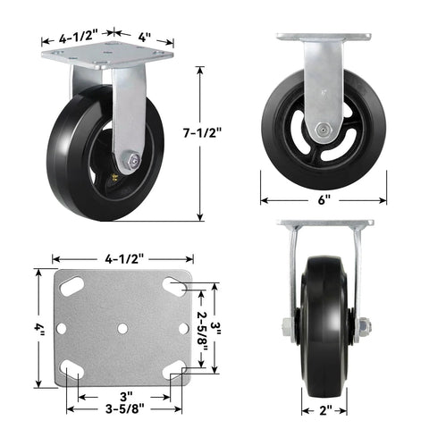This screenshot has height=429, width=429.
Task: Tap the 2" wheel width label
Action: (324, 409)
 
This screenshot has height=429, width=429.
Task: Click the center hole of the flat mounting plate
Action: (122, 328)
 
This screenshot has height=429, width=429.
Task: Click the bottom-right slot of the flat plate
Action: (175, 368)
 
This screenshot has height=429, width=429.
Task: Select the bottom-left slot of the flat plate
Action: (71, 369)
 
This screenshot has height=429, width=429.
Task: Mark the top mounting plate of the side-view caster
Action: (324, 38)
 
